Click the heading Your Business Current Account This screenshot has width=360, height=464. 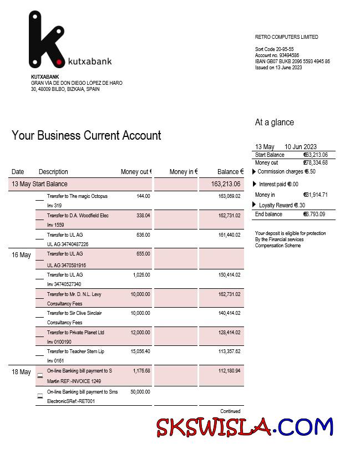[86, 136]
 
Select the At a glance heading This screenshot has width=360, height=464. [274, 123]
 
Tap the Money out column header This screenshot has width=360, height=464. [136, 172]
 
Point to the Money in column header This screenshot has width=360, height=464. [183, 172]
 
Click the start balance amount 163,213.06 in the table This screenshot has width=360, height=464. [226, 184]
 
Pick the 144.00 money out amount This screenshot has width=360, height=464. [143, 196]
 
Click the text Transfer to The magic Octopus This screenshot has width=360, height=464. [77, 196]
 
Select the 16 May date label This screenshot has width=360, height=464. [21, 255]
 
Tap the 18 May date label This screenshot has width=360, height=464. [21, 372]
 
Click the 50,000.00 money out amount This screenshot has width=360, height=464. [140, 392]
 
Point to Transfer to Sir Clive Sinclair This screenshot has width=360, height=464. [74, 313]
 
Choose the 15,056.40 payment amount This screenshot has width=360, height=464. [140, 351]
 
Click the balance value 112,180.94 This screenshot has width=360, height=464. [229, 371]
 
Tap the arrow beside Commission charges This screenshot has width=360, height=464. [255, 172]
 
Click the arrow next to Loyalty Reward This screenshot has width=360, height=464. [255, 205]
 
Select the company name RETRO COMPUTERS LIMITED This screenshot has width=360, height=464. [286, 37]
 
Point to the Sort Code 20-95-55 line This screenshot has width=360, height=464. [274, 49]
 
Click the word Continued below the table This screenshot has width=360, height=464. [230, 411]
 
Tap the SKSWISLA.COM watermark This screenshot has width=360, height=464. [244, 427]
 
